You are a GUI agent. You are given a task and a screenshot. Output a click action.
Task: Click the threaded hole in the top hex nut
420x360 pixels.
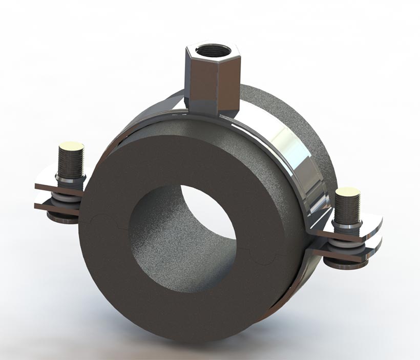tap(212, 51)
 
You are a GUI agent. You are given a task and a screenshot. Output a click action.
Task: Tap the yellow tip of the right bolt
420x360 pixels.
tap(347, 193)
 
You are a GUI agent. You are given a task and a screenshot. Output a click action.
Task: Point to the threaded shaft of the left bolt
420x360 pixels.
tap(71, 164)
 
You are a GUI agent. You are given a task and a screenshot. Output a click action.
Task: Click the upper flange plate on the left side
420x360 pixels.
tap(54, 188)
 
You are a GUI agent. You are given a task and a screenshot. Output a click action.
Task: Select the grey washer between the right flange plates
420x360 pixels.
tap(348, 244)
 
